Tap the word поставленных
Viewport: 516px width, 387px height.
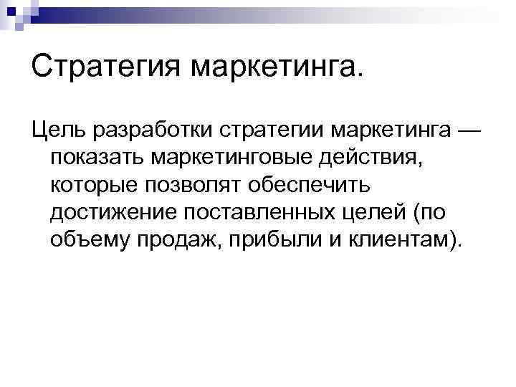click(252, 213)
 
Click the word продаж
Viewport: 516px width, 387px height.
click(179, 240)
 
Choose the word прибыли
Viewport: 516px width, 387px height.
click(269, 240)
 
